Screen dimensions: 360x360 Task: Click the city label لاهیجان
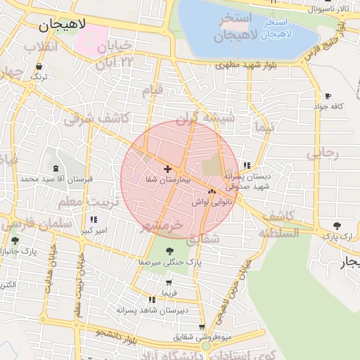coord(61,25)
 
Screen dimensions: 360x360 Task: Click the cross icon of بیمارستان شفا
coord(167,169)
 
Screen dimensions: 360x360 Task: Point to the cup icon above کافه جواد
coord(328,96)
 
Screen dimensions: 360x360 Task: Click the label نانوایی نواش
coord(211,201)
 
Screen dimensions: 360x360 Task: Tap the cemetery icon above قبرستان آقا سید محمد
coord(56,169)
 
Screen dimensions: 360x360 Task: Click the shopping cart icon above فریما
coord(168,282)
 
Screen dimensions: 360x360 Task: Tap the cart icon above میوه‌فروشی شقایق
coord(202,327)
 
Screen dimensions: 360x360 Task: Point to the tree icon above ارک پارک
coord(337,226)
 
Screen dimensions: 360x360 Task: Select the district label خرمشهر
coord(162,225)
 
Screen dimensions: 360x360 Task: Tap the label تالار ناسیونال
coord(324,8)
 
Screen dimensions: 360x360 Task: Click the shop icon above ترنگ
coord(39,67)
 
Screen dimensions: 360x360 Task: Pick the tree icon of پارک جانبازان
coord(15,241)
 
